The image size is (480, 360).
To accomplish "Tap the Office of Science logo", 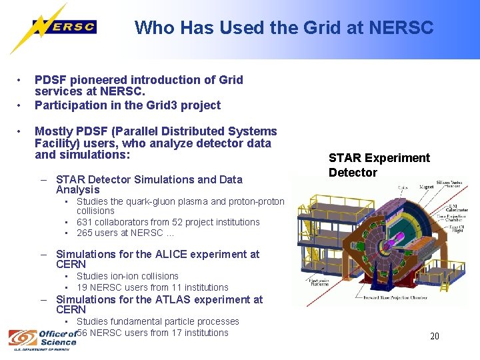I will pos(43,339).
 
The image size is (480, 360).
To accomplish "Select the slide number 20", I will pos(434,336).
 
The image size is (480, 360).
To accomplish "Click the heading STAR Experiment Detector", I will pos(379,165).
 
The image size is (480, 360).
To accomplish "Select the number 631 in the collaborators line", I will pos(85,222).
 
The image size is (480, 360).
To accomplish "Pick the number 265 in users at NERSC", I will pos(85,233).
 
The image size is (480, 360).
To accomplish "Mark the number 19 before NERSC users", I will pos(82,287).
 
